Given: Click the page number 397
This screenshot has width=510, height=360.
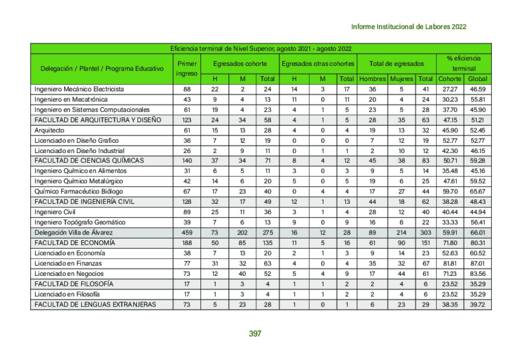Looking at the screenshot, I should point(254,333).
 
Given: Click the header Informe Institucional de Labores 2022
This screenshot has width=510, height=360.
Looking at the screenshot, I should point(408,27).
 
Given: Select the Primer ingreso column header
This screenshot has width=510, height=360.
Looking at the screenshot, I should point(186,68).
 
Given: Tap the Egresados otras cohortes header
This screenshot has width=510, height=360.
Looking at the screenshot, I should point(317,64).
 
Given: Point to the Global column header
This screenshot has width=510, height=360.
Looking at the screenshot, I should point(477,79).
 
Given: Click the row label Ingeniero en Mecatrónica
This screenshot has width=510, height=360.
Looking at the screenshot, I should point(65,99).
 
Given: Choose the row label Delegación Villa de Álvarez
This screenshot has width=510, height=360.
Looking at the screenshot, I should point(73,233).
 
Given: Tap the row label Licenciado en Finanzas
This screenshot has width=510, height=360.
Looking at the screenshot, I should point(68,263).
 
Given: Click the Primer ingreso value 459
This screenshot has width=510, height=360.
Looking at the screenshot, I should point(186,233).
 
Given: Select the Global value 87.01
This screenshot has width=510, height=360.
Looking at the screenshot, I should point(477,263).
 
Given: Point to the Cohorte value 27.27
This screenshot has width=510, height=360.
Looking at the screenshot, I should point(449,89).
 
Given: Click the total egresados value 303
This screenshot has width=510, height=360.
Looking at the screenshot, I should point(426,233).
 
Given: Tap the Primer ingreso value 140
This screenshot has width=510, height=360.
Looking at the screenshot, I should point(186,161).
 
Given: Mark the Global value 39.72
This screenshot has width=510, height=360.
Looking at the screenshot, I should point(477,304).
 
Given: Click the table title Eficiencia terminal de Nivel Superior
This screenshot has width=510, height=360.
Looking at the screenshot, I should point(261,48).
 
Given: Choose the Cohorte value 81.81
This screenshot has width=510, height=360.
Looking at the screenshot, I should point(449,263).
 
